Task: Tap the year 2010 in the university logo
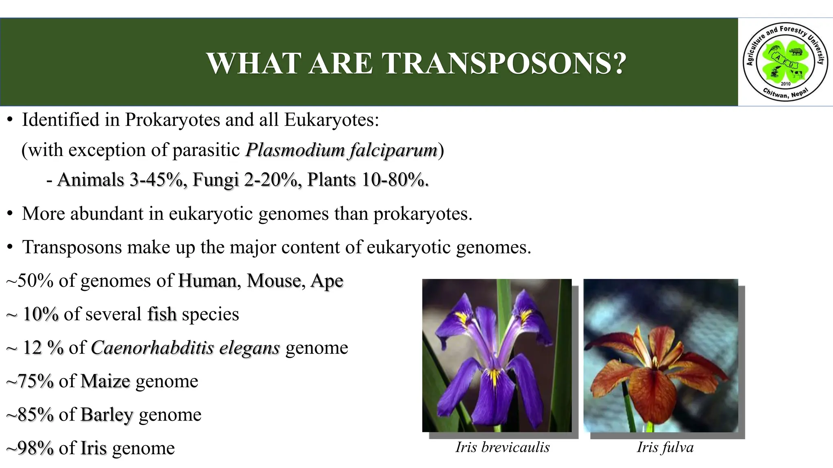[x=785, y=84]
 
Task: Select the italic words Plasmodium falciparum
[x=341, y=150]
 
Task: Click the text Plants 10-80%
[x=368, y=180]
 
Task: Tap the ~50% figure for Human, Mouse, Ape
[x=30, y=281]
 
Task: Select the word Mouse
[x=273, y=281]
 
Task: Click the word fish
[x=161, y=314]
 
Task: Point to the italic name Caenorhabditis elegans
[x=185, y=348]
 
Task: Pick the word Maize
[x=105, y=381]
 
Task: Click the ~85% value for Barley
[x=30, y=415]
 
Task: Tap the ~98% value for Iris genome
[x=30, y=448]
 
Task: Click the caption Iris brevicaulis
[x=502, y=447]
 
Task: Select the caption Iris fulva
[x=665, y=447]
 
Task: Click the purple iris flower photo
[x=497, y=355]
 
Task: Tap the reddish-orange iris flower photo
[x=661, y=355]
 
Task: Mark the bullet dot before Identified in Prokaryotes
[x=10, y=120]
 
